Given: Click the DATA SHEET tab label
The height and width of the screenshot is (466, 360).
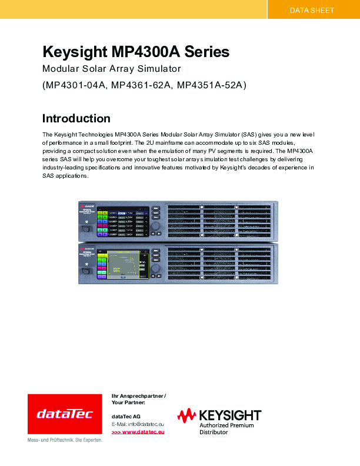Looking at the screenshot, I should tap(312, 10).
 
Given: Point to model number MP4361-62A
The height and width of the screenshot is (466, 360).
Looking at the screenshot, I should tap(142, 86).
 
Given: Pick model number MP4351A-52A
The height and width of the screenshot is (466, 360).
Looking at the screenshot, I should tap(212, 86).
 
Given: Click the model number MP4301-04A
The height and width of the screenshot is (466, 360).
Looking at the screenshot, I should tap(75, 86).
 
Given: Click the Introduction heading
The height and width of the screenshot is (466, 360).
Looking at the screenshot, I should tap(76, 118).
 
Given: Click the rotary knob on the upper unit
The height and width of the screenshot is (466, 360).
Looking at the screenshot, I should tap(156, 227).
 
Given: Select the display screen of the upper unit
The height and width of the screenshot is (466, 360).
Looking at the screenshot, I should tap(122, 221).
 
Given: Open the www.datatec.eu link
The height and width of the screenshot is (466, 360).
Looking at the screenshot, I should tap(138, 432).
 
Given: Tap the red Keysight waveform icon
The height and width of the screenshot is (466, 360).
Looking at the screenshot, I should tap(187, 415).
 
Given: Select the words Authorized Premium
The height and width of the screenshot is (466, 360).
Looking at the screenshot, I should tap(226, 425).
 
